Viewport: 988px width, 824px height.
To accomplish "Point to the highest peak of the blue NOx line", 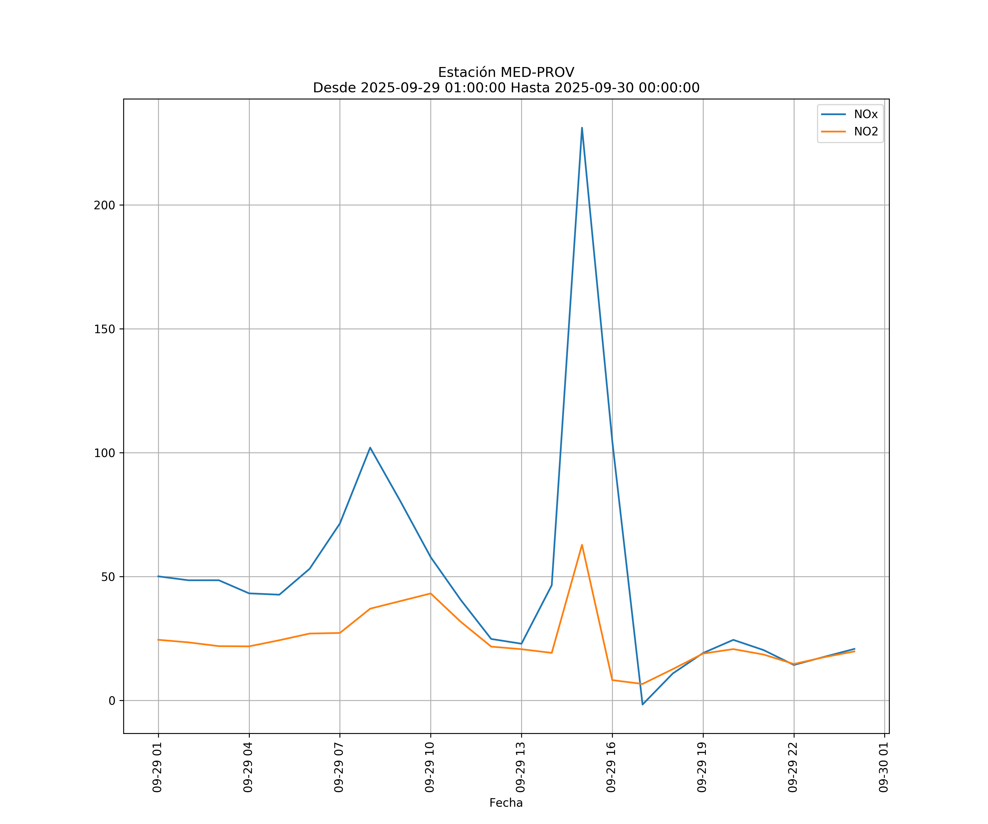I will tap(582, 128).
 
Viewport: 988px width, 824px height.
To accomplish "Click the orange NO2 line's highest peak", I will tap(582, 545).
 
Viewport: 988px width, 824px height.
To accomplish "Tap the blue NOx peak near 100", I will tap(370, 447).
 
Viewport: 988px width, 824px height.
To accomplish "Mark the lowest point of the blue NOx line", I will tap(643, 705).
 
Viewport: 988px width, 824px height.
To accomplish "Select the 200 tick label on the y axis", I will tap(105, 205).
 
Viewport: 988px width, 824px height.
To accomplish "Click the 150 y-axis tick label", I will tap(105, 329).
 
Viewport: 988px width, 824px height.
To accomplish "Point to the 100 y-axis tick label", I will tap(105, 453).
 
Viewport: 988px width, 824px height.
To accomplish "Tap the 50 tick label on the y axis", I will tap(108, 577).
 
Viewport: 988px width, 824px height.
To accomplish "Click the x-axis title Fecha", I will tap(506, 803).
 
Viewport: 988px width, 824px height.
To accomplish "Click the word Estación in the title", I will tap(467, 73).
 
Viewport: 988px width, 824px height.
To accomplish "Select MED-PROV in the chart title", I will tap(537, 73).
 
